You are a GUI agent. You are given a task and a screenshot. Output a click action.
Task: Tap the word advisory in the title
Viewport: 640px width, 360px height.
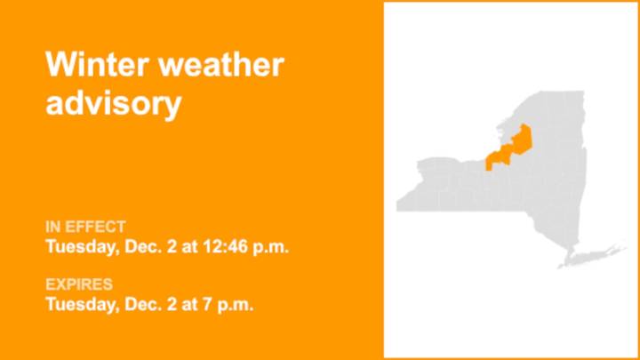pos(113,103)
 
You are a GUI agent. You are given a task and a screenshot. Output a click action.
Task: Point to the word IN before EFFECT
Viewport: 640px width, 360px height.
pos(53,226)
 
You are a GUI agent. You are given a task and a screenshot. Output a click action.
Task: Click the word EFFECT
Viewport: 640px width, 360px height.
pos(96,226)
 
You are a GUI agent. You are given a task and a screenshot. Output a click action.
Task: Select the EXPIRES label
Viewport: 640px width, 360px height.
pos(79,284)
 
